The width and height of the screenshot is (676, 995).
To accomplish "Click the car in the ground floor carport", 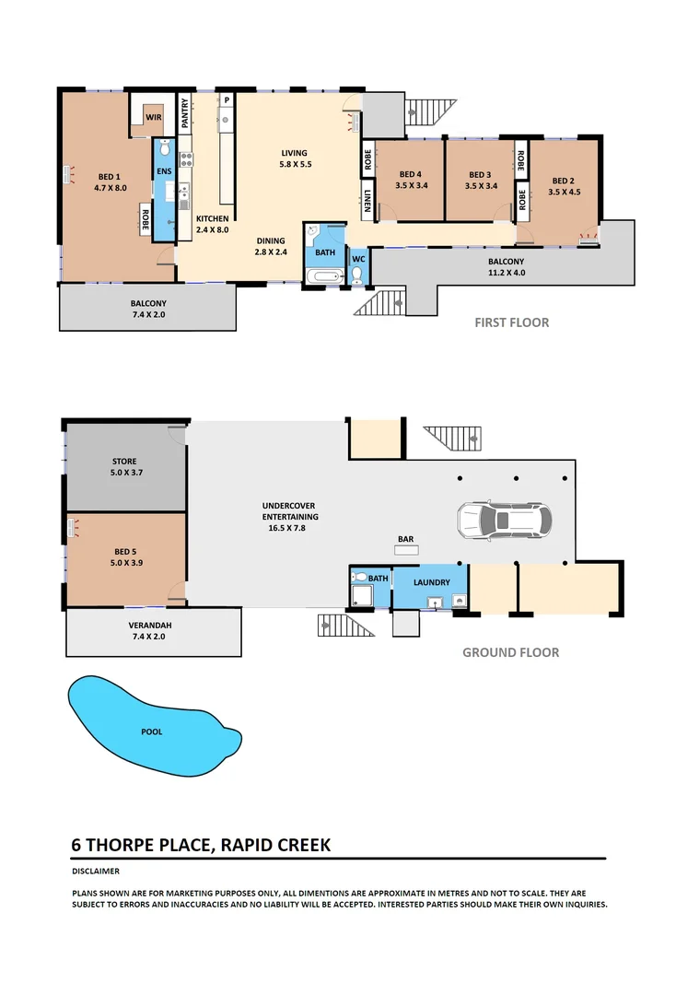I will (503, 521).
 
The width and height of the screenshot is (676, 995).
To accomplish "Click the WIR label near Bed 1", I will (155, 117).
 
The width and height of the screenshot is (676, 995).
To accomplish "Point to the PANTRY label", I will (185, 112).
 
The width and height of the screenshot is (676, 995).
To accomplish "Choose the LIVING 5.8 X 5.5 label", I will (295, 158).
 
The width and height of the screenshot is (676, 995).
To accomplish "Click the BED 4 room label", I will (410, 175).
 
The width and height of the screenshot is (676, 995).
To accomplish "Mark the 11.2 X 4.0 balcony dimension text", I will (506, 274).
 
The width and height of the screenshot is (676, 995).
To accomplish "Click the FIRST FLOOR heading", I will (511, 322).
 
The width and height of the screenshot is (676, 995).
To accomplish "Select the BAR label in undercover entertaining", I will (405, 538).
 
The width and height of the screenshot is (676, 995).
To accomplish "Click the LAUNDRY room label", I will (431, 582).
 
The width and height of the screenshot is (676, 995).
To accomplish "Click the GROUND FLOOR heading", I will (510, 652).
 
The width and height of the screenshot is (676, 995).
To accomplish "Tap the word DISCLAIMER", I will (96, 871).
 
